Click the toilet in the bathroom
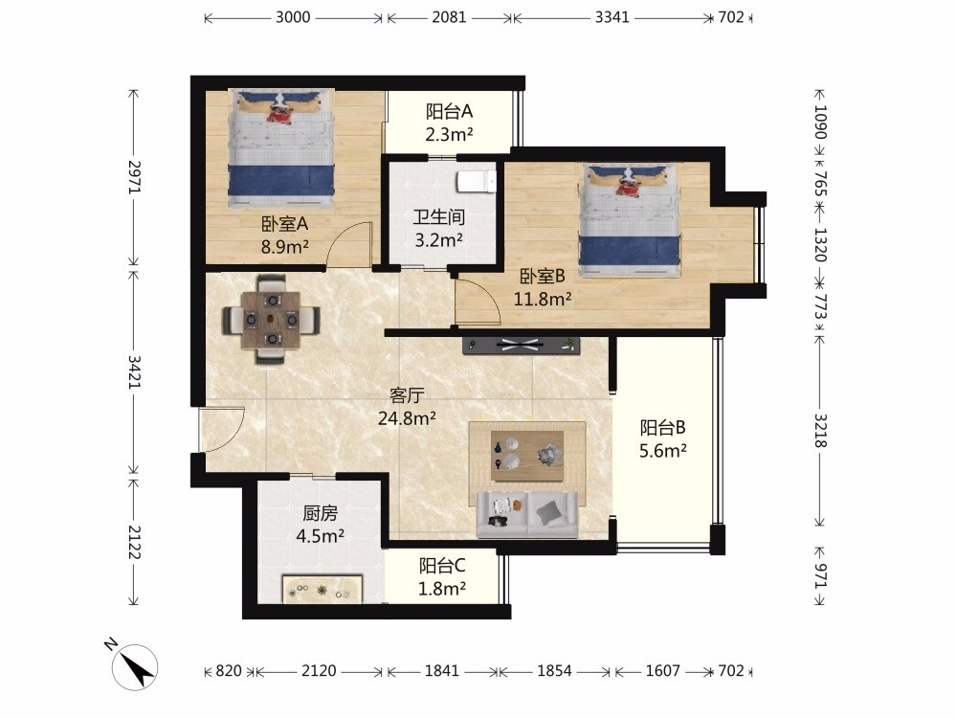click(x=477, y=181)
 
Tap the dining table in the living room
click(x=271, y=320)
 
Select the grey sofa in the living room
click(x=527, y=515)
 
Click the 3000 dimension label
click(x=293, y=17)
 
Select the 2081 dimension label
click(x=449, y=17)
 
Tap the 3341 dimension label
click(x=612, y=17)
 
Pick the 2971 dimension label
click(x=135, y=177)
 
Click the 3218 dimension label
click(x=820, y=431)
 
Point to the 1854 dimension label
click(x=554, y=671)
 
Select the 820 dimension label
click(x=229, y=671)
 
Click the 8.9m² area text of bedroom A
click(x=284, y=247)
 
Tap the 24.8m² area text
click(x=407, y=418)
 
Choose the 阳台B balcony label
click(x=663, y=427)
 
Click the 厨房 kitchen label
click(x=320, y=513)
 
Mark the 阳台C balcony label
click(x=442, y=566)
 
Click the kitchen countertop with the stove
click(x=323, y=589)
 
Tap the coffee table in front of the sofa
click(x=527, y=456)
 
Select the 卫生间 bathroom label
click(x=439, y=216)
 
